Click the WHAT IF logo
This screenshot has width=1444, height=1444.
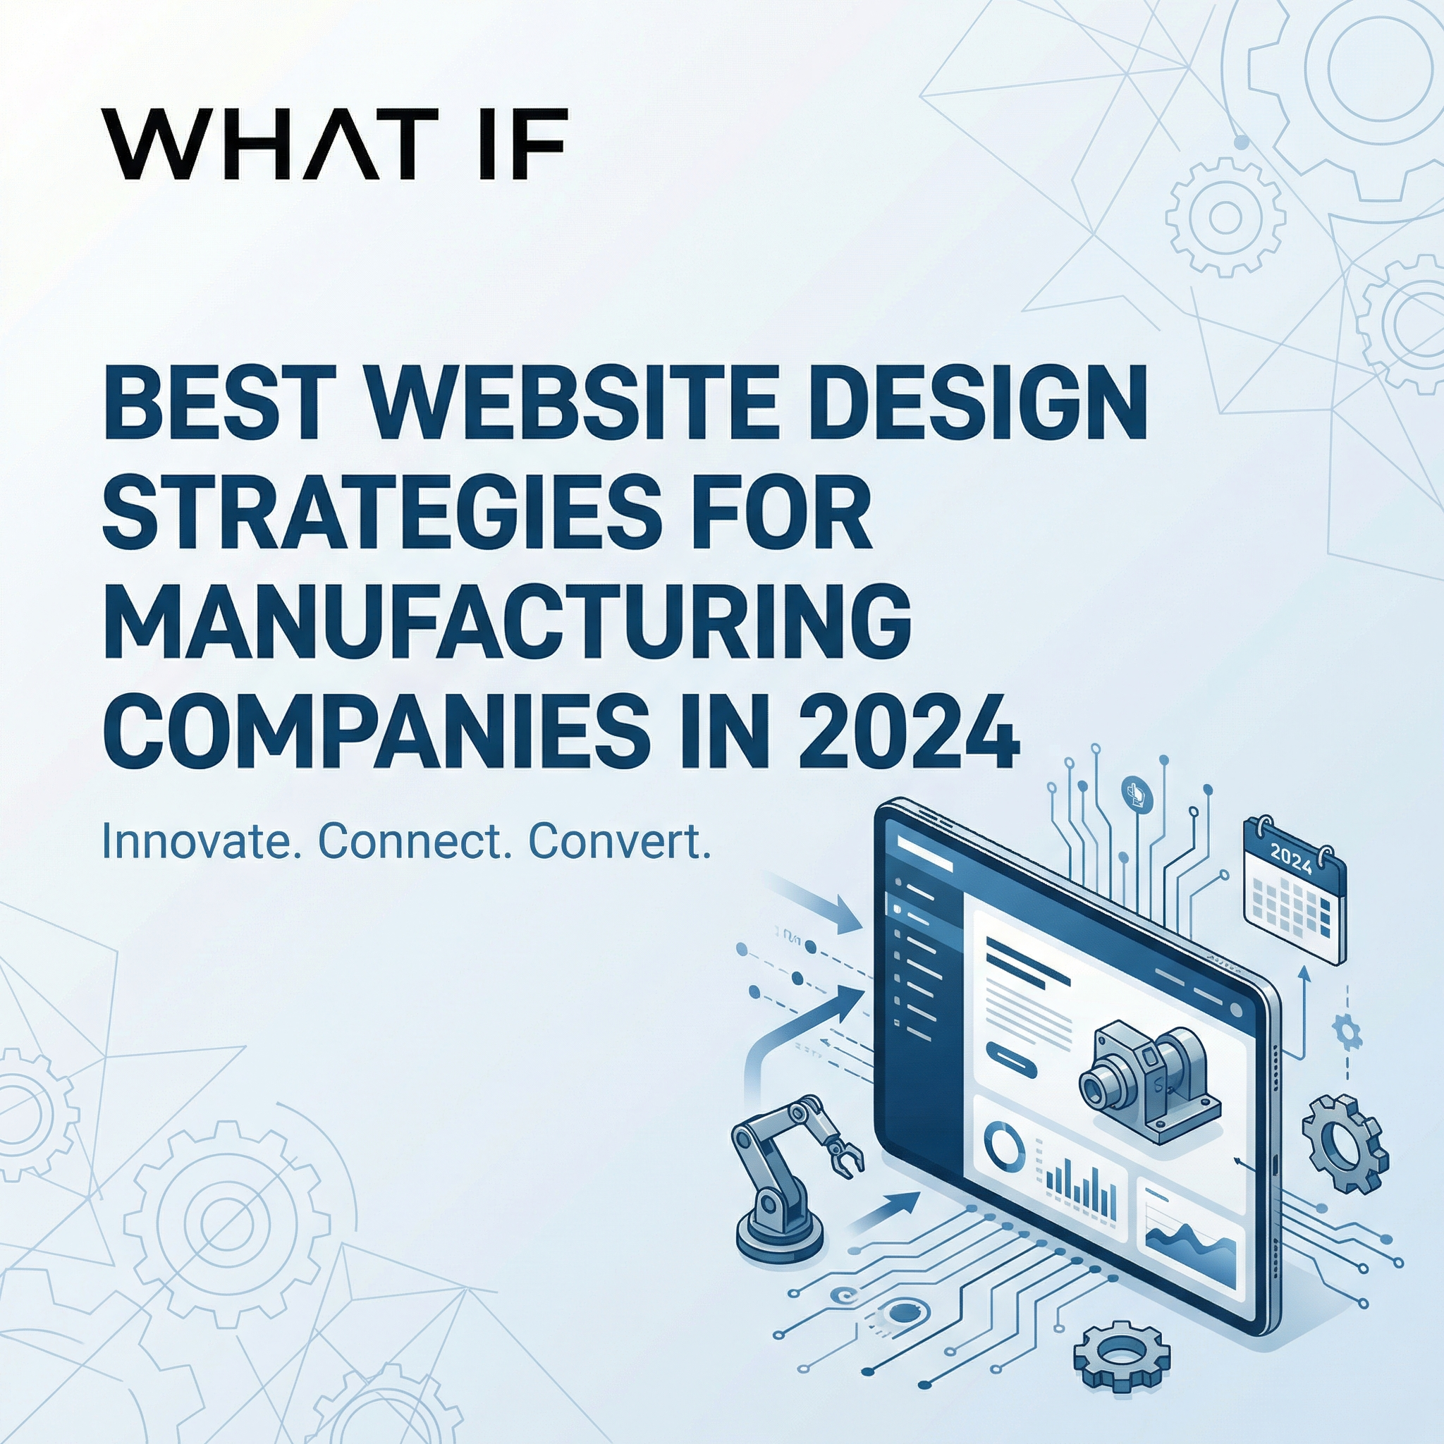pyautogui.click(x=335, y=144)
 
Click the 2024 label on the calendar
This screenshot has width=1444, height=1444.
pyautogui.click(x=1290, y=862)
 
